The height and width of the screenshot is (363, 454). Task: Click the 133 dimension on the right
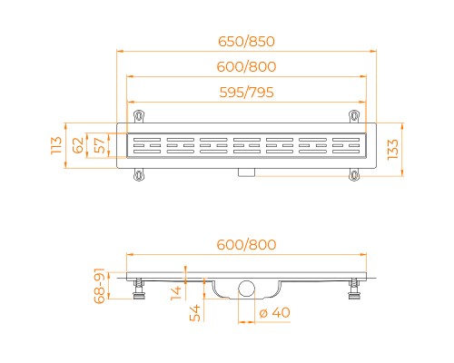(x=392, y=148)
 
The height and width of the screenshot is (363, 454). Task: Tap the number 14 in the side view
(x=176, y=290)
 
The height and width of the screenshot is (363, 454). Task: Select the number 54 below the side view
(x=192, y=312)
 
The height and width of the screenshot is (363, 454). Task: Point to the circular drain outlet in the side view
(x=245, y=289)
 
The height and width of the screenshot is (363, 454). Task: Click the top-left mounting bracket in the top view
(x=139, y=115)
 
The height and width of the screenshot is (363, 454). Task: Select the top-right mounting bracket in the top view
(x=352, y=115)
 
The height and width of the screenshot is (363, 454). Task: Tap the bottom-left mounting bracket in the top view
(x=139, y=174)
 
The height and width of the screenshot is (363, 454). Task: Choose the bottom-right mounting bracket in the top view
(x=352, y=174)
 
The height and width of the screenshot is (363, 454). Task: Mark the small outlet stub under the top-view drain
(x=246, y=172)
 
